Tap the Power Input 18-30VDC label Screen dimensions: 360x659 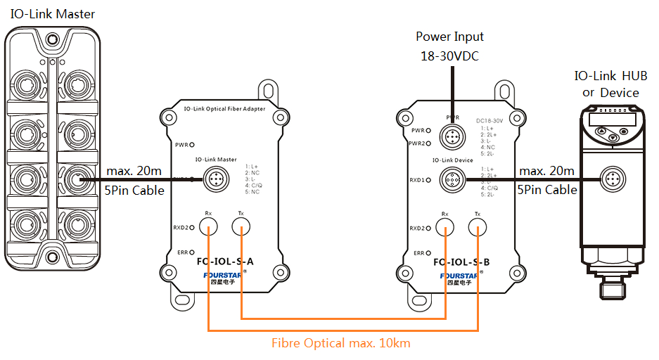(x=449, y=46)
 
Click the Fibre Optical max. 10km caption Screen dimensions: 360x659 (x=341, y=343)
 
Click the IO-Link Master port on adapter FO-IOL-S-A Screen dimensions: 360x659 (x=213, y=181)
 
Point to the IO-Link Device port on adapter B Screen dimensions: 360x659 (x=450, y=181)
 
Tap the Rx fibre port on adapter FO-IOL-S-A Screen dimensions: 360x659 (x=208, y=226)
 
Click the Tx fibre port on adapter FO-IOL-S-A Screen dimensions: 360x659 (x=241, y=226)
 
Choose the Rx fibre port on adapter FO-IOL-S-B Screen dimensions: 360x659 (x=444, y=226)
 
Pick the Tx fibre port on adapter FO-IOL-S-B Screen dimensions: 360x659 (x=478, y=226)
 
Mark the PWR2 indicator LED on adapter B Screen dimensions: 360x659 (x=428, y=143)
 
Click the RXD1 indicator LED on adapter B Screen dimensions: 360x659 (x=428, y=180)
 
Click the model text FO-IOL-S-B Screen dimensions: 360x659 (x=461, y=262)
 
